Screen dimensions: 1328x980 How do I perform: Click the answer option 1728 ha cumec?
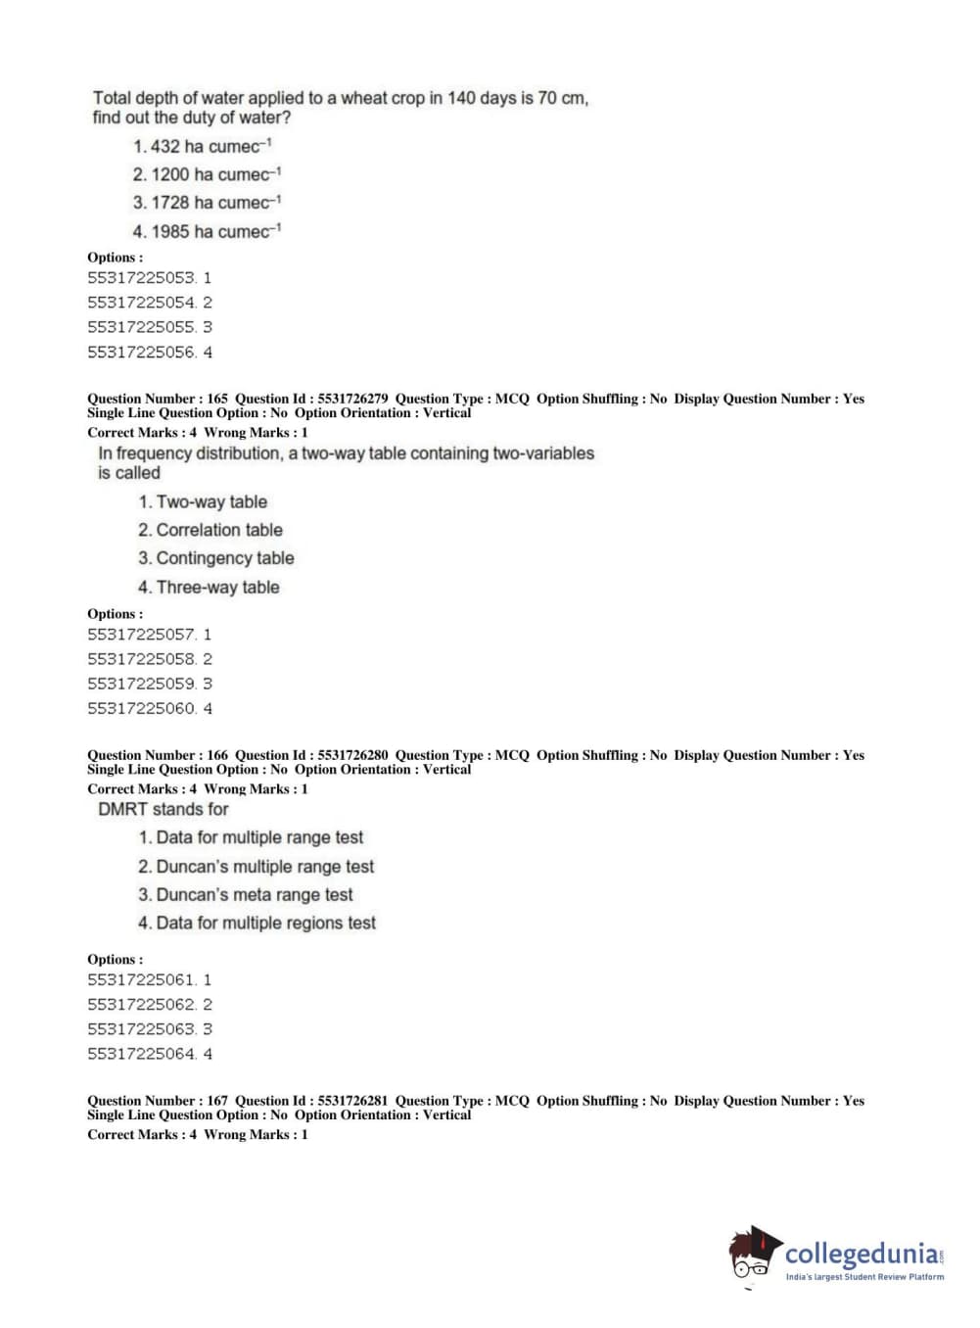(208, 203)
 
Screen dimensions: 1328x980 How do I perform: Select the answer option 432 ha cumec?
(203, 146)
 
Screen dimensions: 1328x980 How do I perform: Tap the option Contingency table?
(215, 558)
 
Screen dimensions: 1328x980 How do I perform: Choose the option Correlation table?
(210, 530)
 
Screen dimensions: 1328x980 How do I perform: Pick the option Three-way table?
(209, 588)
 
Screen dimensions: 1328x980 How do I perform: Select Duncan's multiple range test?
(256, 867)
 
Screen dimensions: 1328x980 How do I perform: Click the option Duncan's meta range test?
(245, 895)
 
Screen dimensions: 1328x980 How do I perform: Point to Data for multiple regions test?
(257, 924)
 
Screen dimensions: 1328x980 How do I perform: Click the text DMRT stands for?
(163, 809)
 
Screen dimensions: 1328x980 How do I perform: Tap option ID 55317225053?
(141, 278)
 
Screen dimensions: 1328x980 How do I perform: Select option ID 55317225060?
(141, 708)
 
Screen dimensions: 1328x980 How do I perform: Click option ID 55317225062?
(141, 1005)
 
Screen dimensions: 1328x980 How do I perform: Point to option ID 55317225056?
(141, 353)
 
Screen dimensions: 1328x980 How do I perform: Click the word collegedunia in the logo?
(862, 1254)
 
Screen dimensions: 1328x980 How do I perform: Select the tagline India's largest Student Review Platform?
(864, 1277)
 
